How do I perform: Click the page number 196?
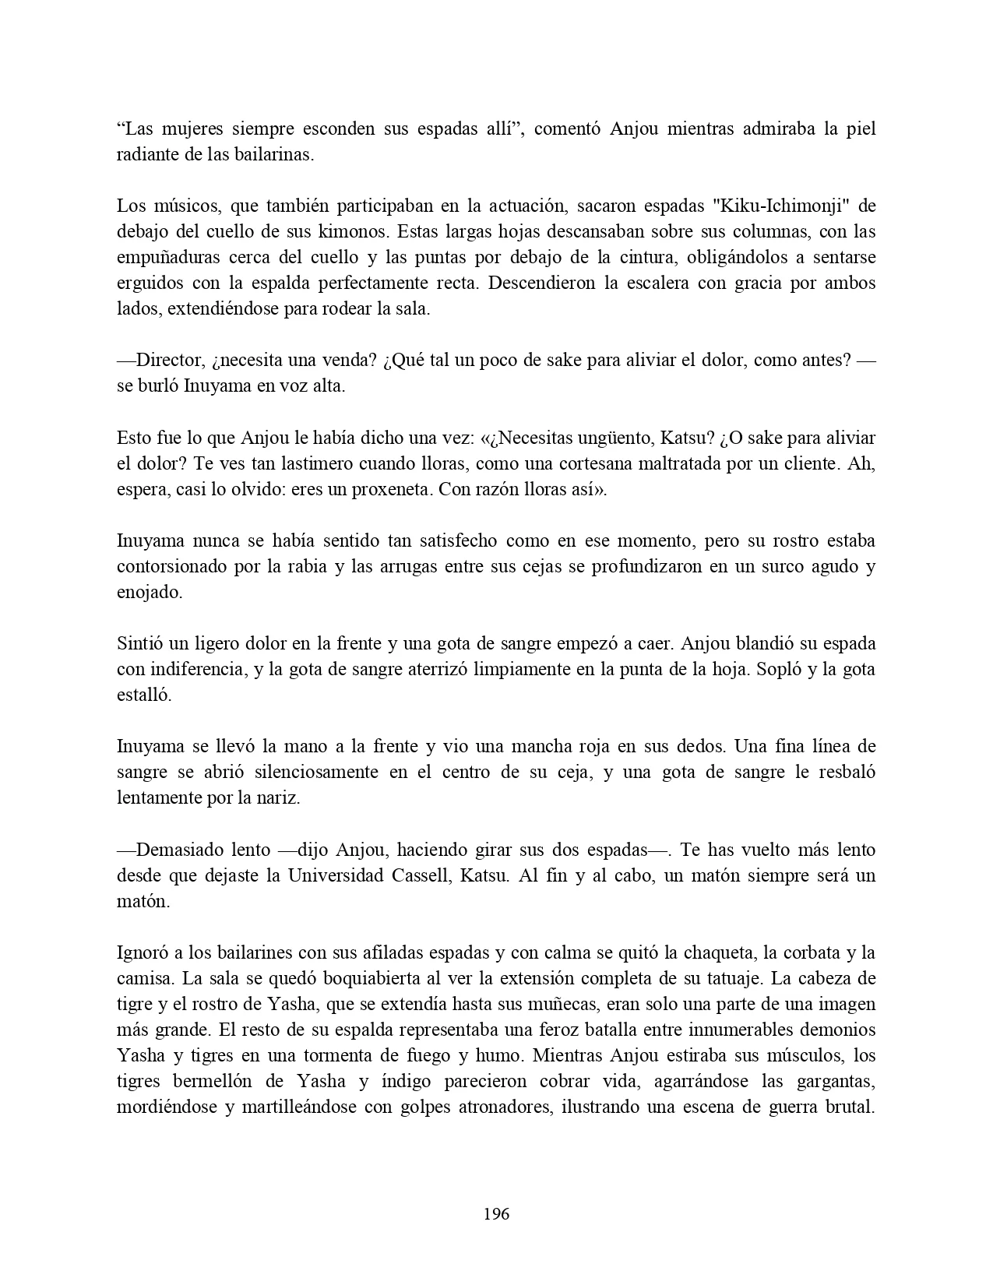[496, 1213]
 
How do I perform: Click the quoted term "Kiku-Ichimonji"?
[779, 206]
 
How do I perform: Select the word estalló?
[143, 695]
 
